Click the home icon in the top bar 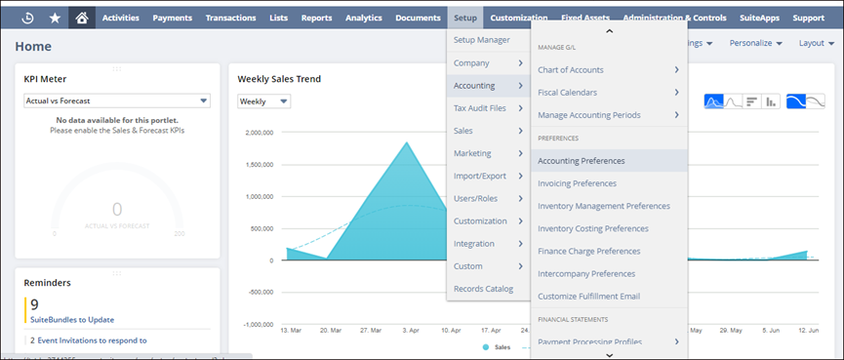point(82,18)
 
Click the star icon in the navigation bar point(54,18)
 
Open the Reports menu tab point(316,18)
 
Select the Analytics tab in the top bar point(364,18)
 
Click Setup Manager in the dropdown point(482,40)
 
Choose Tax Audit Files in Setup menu point(480,107)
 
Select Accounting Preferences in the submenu point(582,160)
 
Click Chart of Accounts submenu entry point(571,69)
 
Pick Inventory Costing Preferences point(593,228)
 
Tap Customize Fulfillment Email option point(588,296)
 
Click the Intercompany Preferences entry point(586,273)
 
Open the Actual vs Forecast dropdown point(117,100)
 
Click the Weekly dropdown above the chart point(264,101)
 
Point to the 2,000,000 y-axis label point(261,133)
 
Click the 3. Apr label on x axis point(410,331)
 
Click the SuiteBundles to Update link point(72,319)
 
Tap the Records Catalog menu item point(484,288)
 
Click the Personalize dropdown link point(756,43)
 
